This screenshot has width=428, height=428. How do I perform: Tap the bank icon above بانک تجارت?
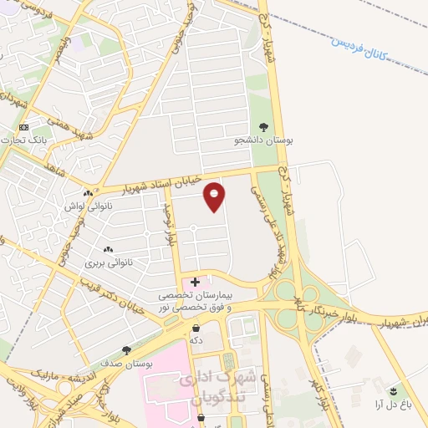pos(23,127)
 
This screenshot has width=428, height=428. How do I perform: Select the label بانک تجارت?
pos(49,139)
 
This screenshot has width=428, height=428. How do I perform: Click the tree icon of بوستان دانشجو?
pos(264,128)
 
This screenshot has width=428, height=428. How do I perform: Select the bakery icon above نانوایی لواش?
pos(75,191)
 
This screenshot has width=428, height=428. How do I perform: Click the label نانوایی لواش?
pos(84,204)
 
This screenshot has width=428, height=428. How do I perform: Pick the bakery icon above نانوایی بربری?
pos(108,249)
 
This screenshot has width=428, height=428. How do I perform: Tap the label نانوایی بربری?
pos(109,262)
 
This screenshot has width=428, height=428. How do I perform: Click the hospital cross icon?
pos(196,283)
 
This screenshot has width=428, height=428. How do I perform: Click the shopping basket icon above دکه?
pos(196,329)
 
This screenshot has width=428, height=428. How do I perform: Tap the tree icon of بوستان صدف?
pos(126,351)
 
